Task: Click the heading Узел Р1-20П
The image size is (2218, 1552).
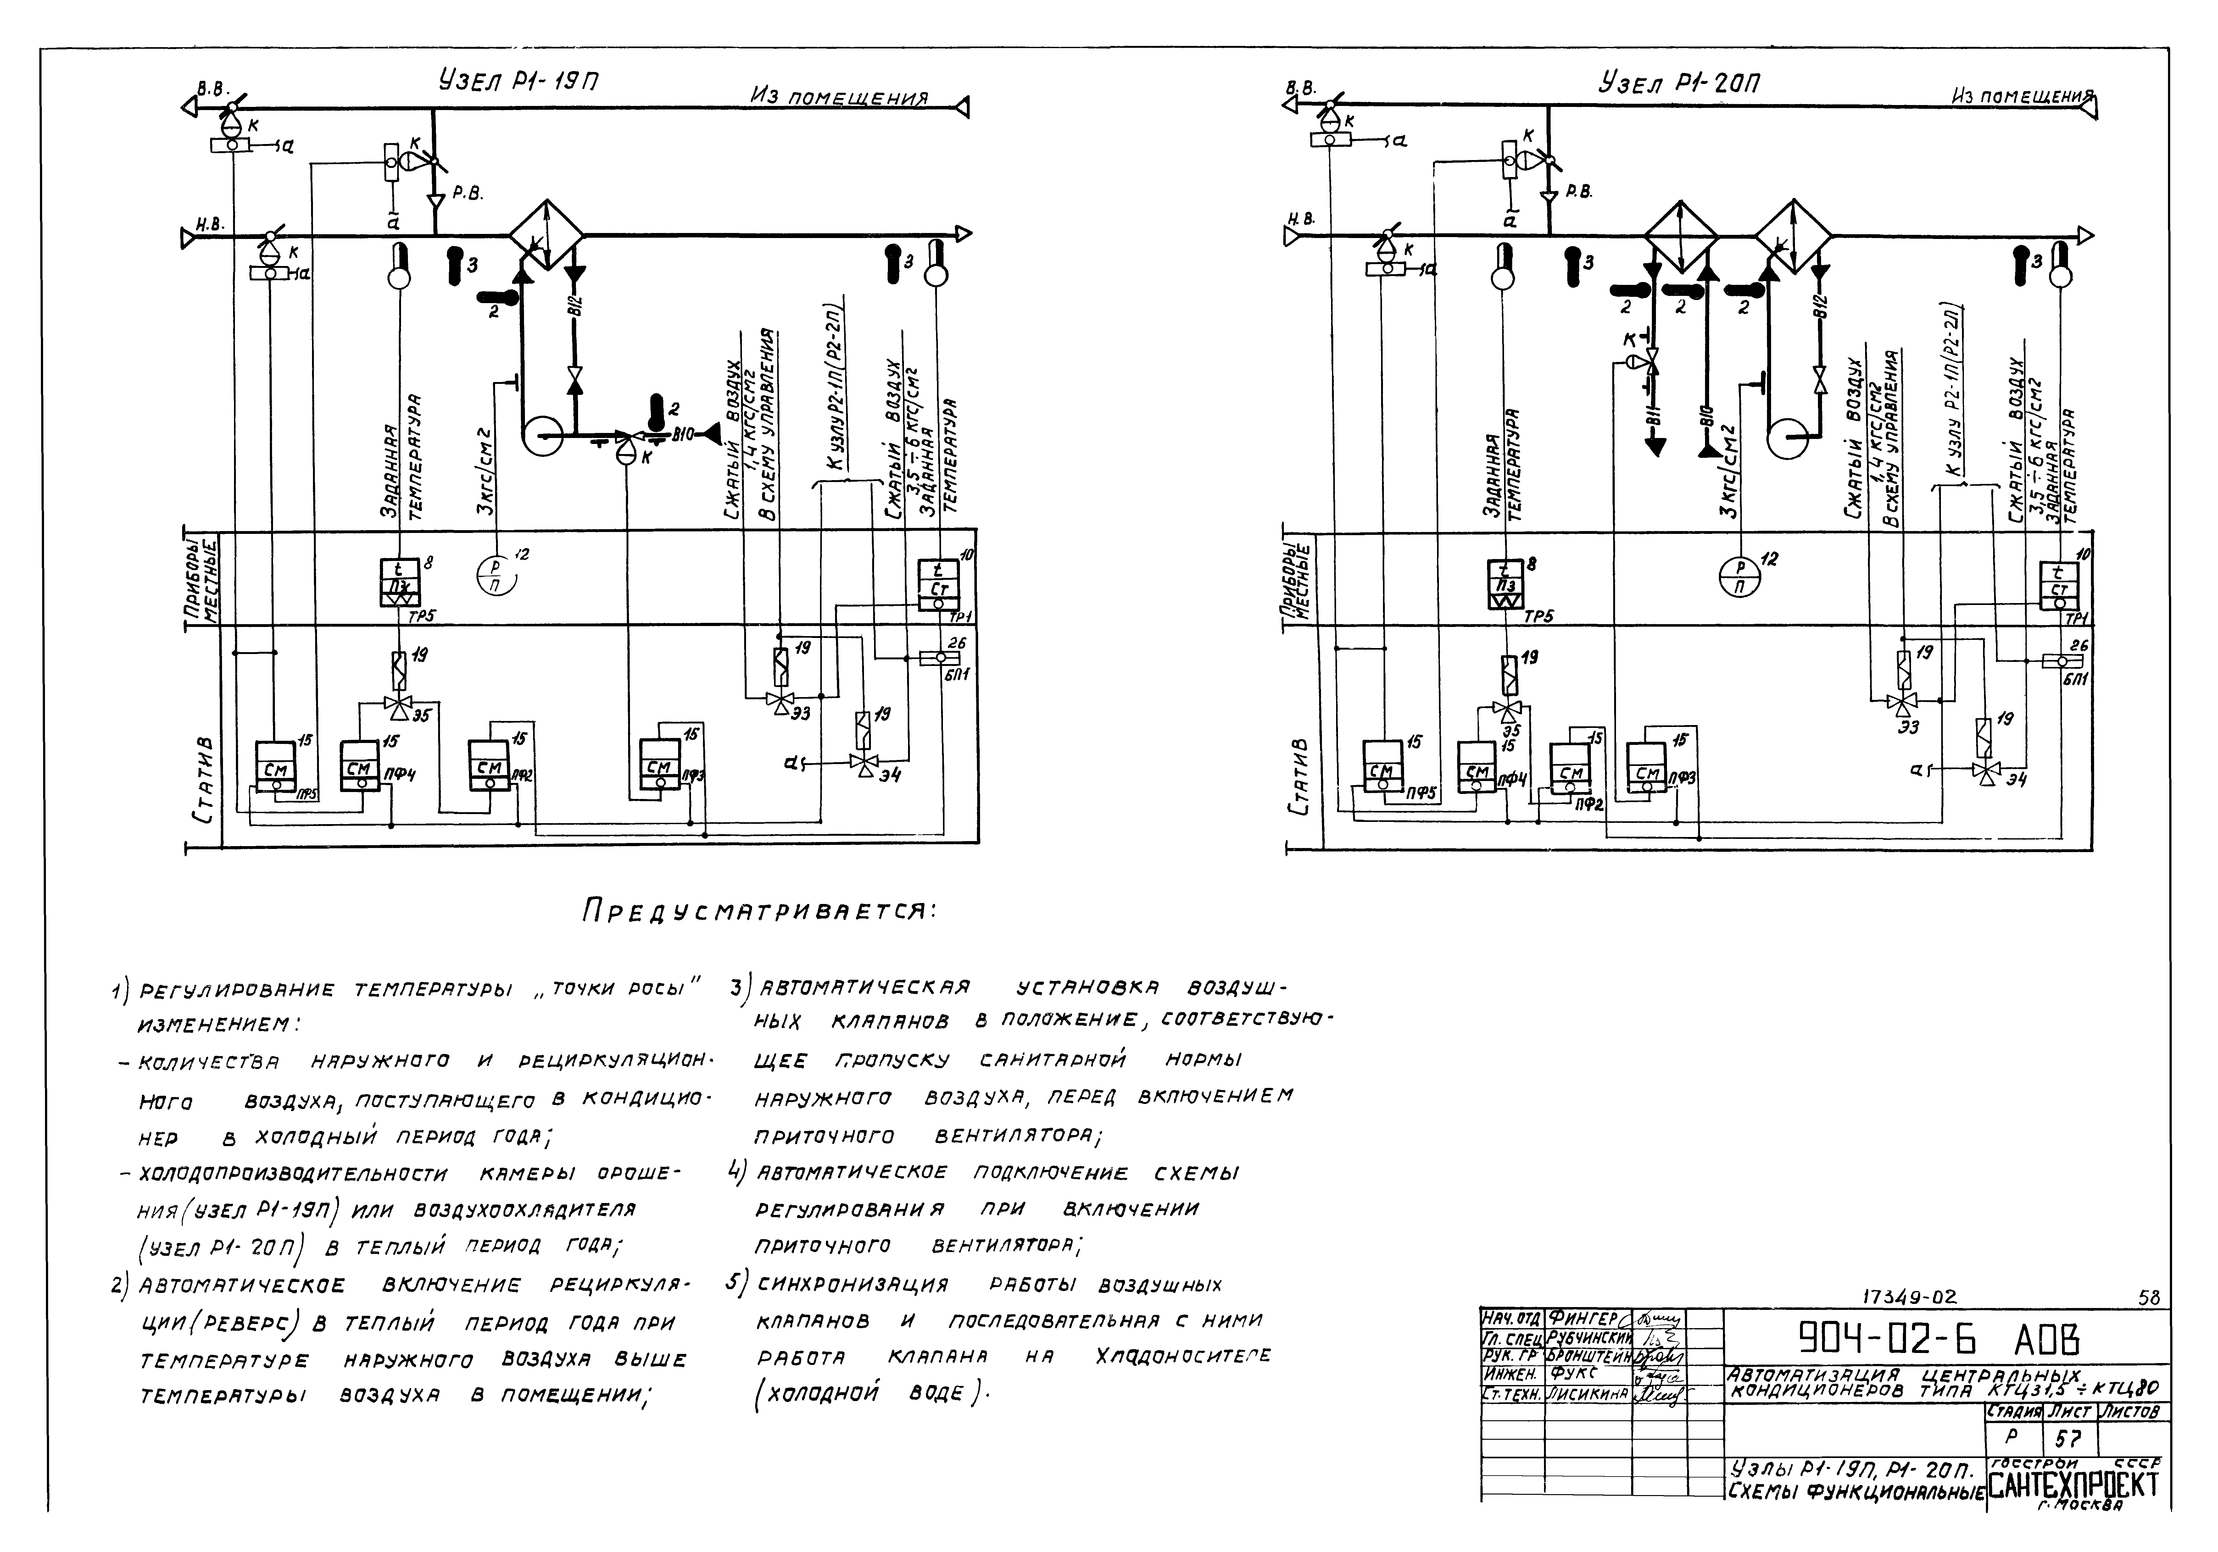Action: pyautogui.click(x=1679, y=83)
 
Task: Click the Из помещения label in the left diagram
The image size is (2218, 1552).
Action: pyautogui.click(x=839, y=97)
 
